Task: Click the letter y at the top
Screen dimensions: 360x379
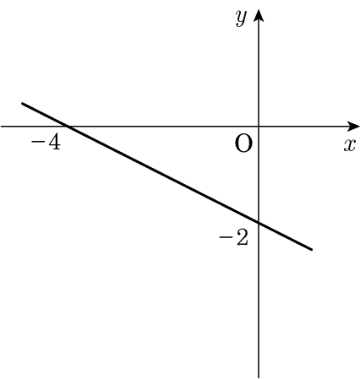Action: coord(242,19)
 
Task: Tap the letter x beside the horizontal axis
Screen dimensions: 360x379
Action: coord(349,145)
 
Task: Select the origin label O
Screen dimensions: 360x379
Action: coord(243,143)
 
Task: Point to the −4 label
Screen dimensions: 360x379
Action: coord(46,142)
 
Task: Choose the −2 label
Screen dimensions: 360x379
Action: coord(233,237)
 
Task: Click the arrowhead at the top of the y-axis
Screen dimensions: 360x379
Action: coord(259,15)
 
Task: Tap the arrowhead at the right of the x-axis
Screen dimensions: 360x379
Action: coord(353,127)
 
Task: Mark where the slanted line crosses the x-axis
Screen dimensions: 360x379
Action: coord(68,127)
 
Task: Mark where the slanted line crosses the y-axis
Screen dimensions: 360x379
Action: coord(259,223)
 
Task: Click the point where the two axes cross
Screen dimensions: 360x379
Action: coord(259,127)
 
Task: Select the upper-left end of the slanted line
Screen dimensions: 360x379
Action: coord(23,104)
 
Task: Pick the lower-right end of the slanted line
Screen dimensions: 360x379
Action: coord(312,249)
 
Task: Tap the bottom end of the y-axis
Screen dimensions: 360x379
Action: coord(259,377)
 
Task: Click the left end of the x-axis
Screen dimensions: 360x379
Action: coord(1,127)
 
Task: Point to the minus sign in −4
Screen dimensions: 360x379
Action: coord(37,142)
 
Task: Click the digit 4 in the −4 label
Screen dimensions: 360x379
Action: coord(54,142)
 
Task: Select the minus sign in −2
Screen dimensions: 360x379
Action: coord(225,238)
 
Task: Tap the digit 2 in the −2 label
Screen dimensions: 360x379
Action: coord(242,237)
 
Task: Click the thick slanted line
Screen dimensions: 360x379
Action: coord(167,176)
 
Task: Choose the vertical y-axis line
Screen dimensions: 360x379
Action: coord(259,193)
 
